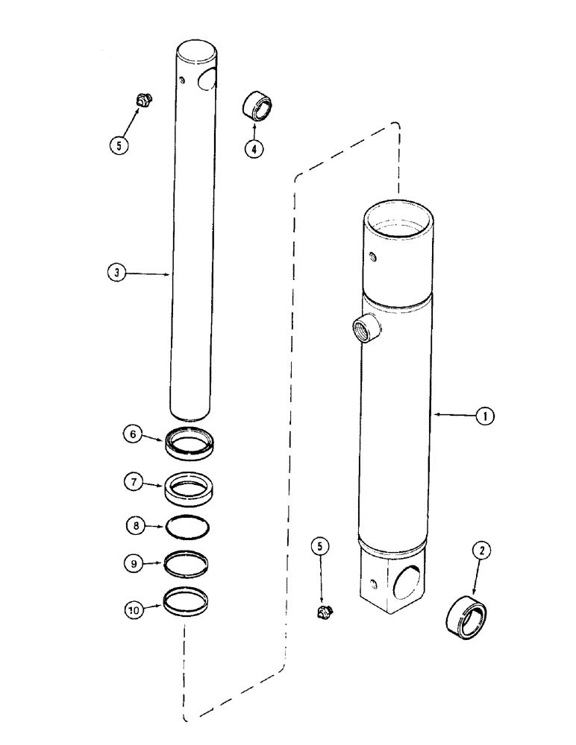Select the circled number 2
tap(483, 551)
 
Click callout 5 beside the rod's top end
tap(117, 145)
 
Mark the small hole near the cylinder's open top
tap(373, 258)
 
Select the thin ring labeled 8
tap(187, 526)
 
